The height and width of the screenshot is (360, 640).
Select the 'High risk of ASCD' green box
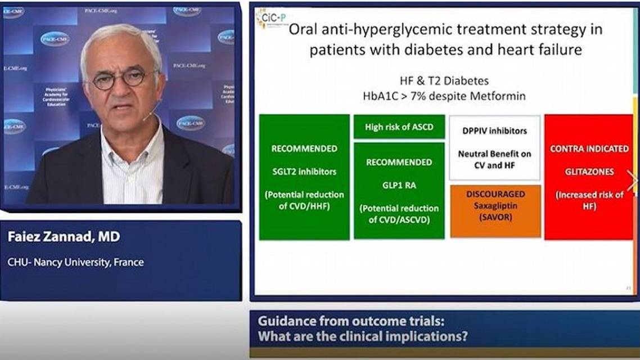399,127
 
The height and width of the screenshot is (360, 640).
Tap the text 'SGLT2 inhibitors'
304,172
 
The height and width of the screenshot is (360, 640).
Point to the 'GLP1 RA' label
399,185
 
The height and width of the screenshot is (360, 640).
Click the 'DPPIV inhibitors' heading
495,131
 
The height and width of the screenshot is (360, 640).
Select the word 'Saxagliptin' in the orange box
495,205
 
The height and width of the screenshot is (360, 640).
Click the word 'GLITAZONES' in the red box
589,172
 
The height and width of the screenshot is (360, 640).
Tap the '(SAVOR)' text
495,217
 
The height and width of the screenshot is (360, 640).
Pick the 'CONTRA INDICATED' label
589,149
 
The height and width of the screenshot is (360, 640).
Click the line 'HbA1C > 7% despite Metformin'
444,96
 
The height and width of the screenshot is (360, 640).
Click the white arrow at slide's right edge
632,181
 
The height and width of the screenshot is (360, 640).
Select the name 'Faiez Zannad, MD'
64,237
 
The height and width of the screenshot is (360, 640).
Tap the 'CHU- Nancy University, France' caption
75,262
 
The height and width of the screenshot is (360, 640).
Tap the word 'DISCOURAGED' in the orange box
495,194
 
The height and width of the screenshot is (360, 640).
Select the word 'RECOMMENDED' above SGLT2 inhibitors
304,149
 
